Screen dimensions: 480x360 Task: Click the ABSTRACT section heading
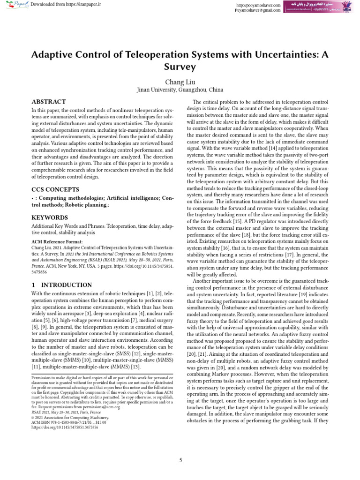[x=48, y=102]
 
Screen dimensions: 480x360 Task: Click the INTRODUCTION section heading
[x=61, y=285]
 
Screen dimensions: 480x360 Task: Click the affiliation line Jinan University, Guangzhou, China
[x=180, y=90]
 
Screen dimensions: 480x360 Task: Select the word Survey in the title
[x=180, y=67]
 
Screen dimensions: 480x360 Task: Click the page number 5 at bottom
[x=180, y=460]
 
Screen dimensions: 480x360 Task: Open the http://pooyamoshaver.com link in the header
[x=259, y=5]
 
